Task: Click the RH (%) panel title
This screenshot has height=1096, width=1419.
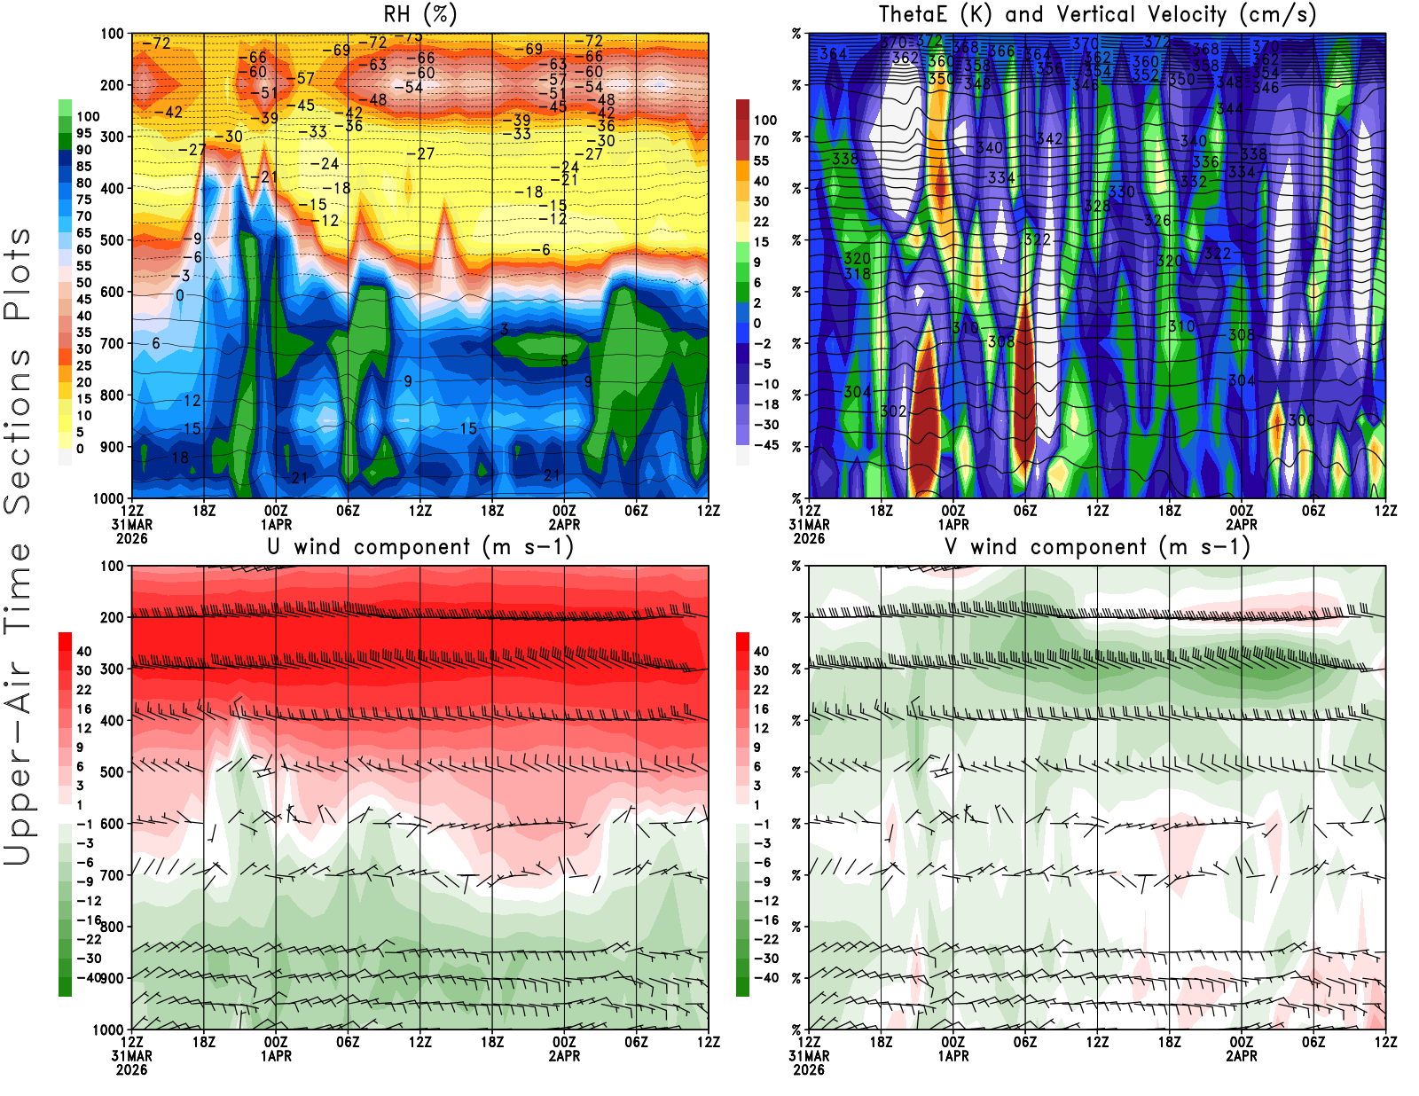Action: click(419, 14)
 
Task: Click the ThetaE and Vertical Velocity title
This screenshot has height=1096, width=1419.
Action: click(1097, 14)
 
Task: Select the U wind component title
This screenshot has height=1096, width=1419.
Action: click(420, 546)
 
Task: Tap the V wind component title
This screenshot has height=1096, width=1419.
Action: click(1097, 546)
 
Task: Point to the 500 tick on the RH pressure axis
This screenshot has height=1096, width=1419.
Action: click(113, 240)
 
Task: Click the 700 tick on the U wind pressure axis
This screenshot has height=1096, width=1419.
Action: click(113, 875)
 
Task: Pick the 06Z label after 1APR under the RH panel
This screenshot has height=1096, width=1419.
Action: click(348, 511)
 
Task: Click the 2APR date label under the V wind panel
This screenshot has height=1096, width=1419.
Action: click(1242, 1056)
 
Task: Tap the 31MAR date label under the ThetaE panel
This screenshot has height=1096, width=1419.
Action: click(809, 525)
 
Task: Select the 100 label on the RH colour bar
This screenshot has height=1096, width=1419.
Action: click(88, 117)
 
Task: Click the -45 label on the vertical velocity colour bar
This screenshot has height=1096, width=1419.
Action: click(765, 445)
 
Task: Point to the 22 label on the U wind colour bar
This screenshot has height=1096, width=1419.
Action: click(84, 690)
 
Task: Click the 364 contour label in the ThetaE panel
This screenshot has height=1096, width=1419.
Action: click(833, 54)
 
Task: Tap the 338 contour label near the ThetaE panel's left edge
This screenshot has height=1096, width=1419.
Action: click(844, 160)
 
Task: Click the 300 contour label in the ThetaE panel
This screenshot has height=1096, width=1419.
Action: click(1301, 420)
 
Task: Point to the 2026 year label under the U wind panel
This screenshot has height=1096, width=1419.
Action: click(131, 1069)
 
